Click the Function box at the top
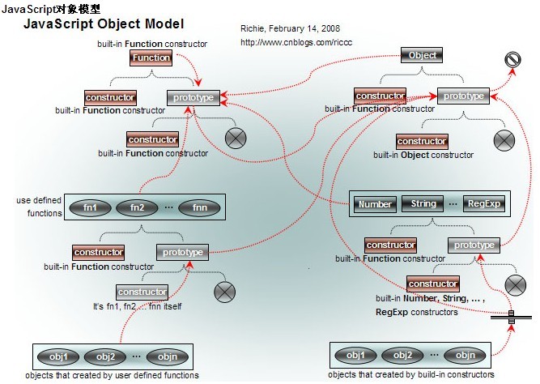coord(151,58)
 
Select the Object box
coord(422,55)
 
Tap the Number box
coord(375,203)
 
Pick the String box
coord(423,203)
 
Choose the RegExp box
coord(484,203)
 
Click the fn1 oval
coord(90,207)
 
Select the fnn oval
coord(198,207)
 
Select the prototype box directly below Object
coord(462,96)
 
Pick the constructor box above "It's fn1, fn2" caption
coord(142,292)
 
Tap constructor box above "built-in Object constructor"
coord(421,141)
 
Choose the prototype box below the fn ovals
coord(181,253)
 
